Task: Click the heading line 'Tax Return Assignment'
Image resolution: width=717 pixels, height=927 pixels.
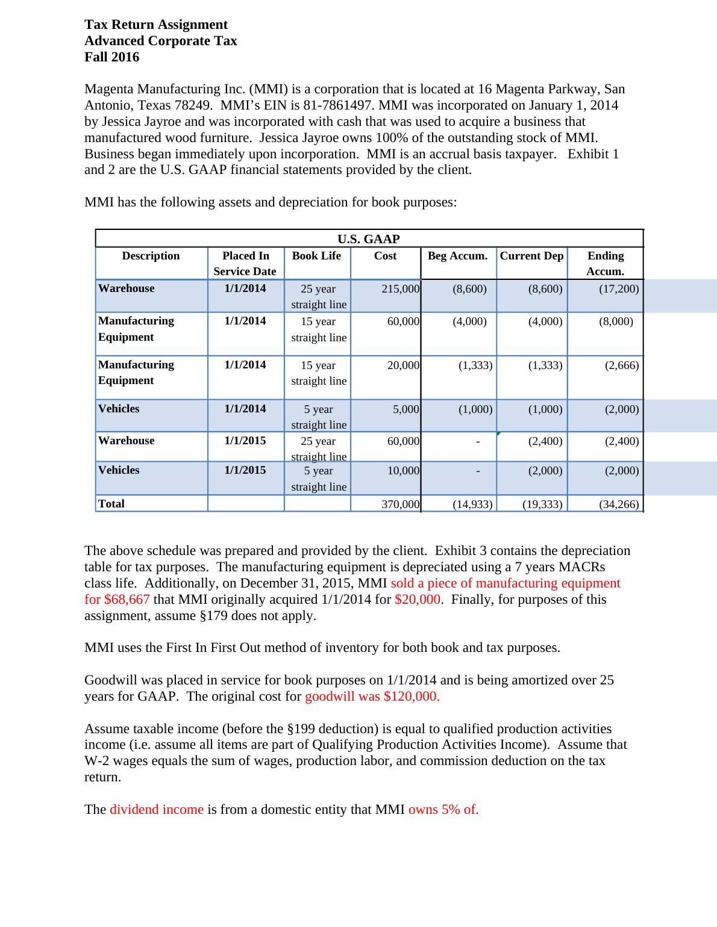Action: pyautogui.click(x=156, y=25)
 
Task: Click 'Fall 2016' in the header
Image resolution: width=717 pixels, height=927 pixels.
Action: pyautogui.click(x=112, y=57)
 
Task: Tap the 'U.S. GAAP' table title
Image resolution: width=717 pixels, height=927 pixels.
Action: pyautogui.click(x=369, y=239)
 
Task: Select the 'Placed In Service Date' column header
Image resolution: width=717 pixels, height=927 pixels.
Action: pyautogui.click(x=245, y=264)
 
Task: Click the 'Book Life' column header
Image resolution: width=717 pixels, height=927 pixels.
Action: pyautogui.click(x=316, y=256)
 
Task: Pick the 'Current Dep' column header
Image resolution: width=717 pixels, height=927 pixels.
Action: pyautogui.click(x=531, y=256)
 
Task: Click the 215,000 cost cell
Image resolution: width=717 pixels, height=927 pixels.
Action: pyautogui.click(x=401, y=289)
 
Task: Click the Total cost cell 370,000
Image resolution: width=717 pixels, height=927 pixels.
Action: pyautogui.click(x=401, y=504)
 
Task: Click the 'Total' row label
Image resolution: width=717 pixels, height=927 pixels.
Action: pyautogui.click(x=111, y=504)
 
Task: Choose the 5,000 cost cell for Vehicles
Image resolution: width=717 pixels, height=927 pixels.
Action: pyautogui.click(x=406, y=409)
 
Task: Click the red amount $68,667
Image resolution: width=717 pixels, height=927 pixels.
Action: pyautogui.click(x=127, y=600)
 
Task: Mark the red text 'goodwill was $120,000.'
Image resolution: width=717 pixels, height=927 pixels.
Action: pyautogui.click(x=372, y=696)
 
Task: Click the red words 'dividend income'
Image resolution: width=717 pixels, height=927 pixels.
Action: pyautogui.click(x=157, y=810)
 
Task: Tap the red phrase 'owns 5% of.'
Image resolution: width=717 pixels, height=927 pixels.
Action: pyautogui.click(x=443, y=810)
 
